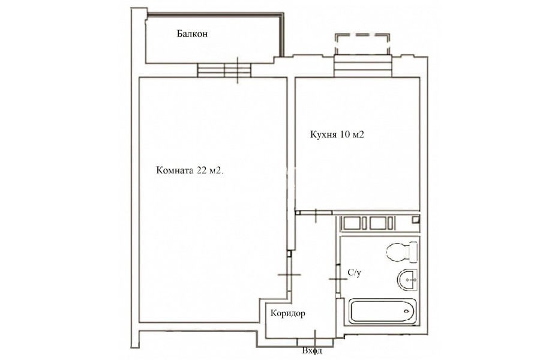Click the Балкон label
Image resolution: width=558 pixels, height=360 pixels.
192,34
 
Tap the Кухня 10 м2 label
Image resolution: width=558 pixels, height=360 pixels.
337,135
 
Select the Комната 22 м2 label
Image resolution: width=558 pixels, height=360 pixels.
190,170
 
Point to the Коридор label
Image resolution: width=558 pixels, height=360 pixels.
287,313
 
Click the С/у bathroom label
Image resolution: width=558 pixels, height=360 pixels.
355,273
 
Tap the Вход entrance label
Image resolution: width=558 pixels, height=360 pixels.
312,351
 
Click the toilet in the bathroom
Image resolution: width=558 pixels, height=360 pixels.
402,252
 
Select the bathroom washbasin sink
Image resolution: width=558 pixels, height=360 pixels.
407,280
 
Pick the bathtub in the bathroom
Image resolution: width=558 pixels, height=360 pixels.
382,311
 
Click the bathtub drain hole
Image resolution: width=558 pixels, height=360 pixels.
407,311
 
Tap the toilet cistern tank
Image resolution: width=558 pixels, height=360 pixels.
413,252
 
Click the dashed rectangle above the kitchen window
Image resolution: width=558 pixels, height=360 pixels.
362,44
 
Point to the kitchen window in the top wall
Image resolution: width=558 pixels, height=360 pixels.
362,66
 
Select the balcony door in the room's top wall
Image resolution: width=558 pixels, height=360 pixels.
224,70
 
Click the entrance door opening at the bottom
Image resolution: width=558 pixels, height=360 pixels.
315,341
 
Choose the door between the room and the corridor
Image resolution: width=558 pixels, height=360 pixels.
290,274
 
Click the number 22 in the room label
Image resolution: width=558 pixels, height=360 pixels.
202,170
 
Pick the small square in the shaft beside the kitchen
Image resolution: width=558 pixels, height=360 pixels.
416,220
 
